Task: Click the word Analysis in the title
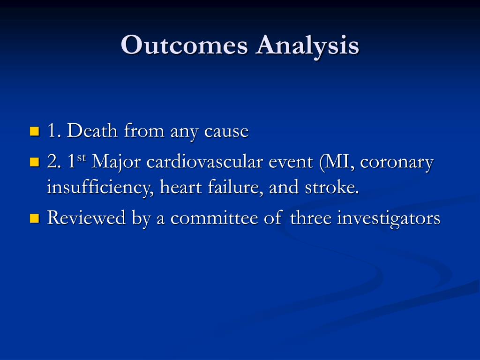click(x=307, y=46)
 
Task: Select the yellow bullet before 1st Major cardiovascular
click(x=34, y=162)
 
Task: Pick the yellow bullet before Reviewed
click(x=34, y=217)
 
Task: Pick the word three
click(x=311, y=217)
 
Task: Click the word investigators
click(x=389, y=218)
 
